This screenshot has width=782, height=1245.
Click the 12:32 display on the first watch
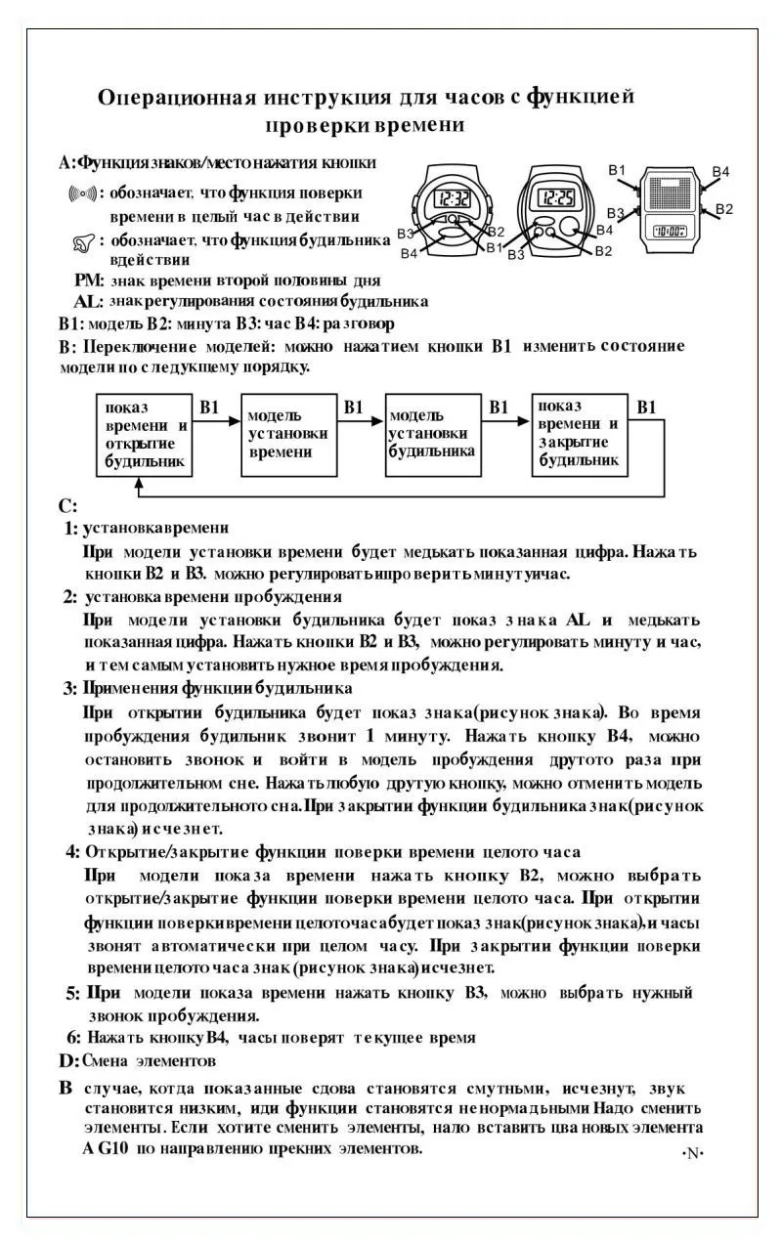449,199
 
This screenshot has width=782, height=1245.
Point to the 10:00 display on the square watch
670,232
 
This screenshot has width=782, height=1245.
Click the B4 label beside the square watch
720,172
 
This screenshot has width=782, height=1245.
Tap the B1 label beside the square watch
617,171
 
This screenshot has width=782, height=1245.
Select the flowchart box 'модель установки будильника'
433,435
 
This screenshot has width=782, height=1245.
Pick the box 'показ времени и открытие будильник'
144,435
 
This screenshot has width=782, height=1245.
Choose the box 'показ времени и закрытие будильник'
579,435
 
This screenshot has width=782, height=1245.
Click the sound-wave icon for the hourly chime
82,193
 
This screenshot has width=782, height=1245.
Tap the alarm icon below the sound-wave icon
85,240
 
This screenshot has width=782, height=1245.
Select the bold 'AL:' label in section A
88,302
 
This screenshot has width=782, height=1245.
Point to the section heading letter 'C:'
66,506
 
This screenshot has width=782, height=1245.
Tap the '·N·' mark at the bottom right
692,1153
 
